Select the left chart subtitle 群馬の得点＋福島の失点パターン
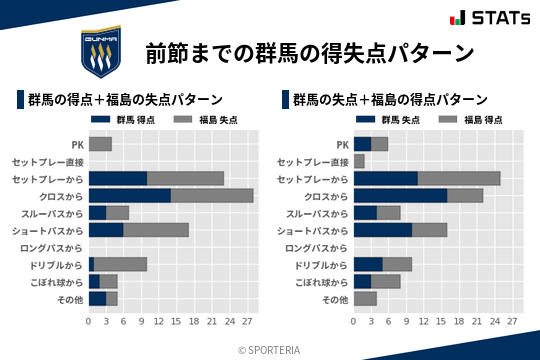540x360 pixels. tap(125, 100)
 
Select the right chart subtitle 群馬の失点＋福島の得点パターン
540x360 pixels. tap(391, 100)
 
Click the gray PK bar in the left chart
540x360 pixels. tap(100, 144)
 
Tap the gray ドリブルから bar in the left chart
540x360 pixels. tap(120, 264)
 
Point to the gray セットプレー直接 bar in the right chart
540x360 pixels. tap(360, 161)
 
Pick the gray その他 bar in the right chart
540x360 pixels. tap(365, 298)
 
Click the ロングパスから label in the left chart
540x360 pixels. tap(52, 247)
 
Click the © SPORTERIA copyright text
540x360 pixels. tap(270, 349)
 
